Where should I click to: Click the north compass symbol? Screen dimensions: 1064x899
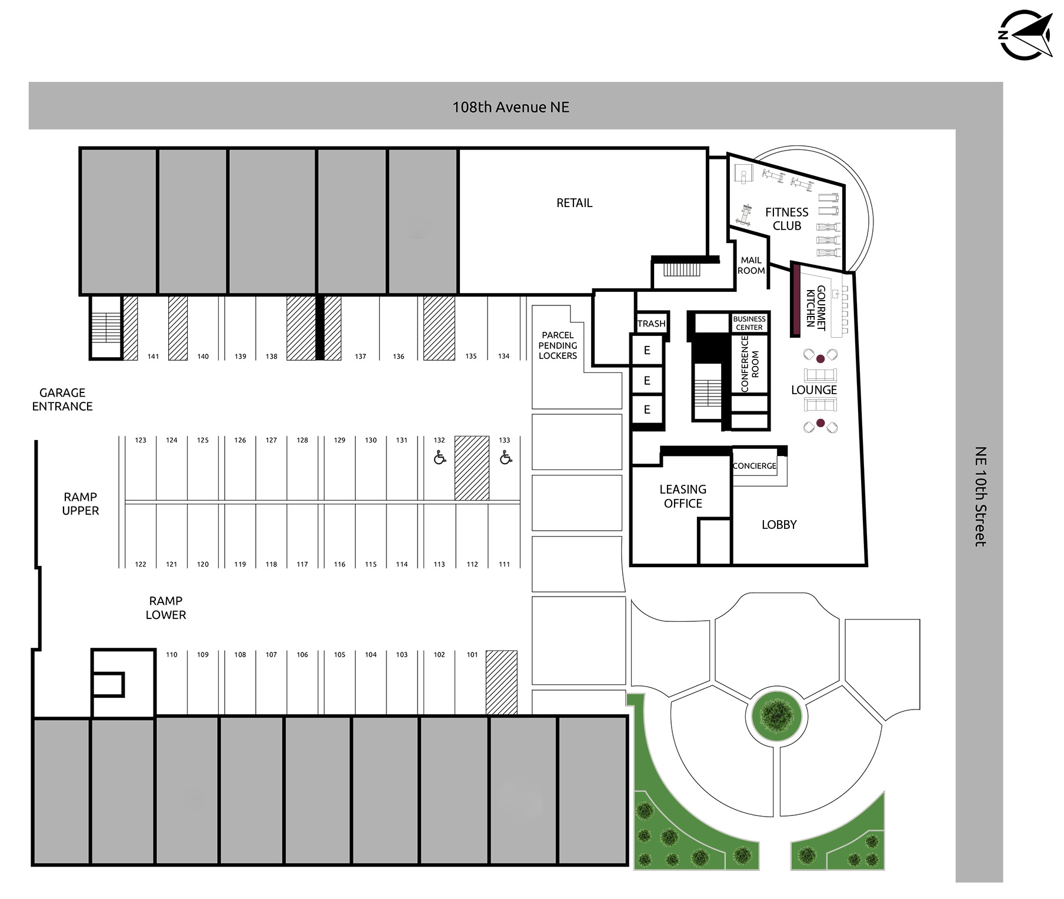click(1026, 35)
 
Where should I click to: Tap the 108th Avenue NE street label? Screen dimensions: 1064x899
click(511, 107)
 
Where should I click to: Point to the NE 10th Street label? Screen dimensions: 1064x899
click(980, 497)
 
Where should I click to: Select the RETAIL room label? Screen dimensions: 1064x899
click(574, 203)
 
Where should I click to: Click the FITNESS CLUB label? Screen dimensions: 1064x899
click(786, 219)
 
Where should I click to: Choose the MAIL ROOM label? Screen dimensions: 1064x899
click(751, 265)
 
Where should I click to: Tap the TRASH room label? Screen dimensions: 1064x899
click(652, 324)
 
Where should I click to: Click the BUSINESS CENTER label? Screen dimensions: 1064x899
click(749, 323)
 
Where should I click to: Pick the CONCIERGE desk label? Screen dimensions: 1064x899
click(755, 466)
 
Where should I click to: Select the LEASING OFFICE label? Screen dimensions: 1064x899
click(683, 497)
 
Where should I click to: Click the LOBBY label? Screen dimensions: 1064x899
click(779, 525)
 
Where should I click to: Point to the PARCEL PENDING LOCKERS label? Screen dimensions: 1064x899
click(558, 345)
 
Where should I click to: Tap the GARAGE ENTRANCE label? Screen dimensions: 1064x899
click(62, 399)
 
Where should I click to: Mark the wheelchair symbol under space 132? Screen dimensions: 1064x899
click(439, 457)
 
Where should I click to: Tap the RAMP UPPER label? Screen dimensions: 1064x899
click(81, 504)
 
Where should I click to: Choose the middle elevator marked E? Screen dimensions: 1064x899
click(647, 381)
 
